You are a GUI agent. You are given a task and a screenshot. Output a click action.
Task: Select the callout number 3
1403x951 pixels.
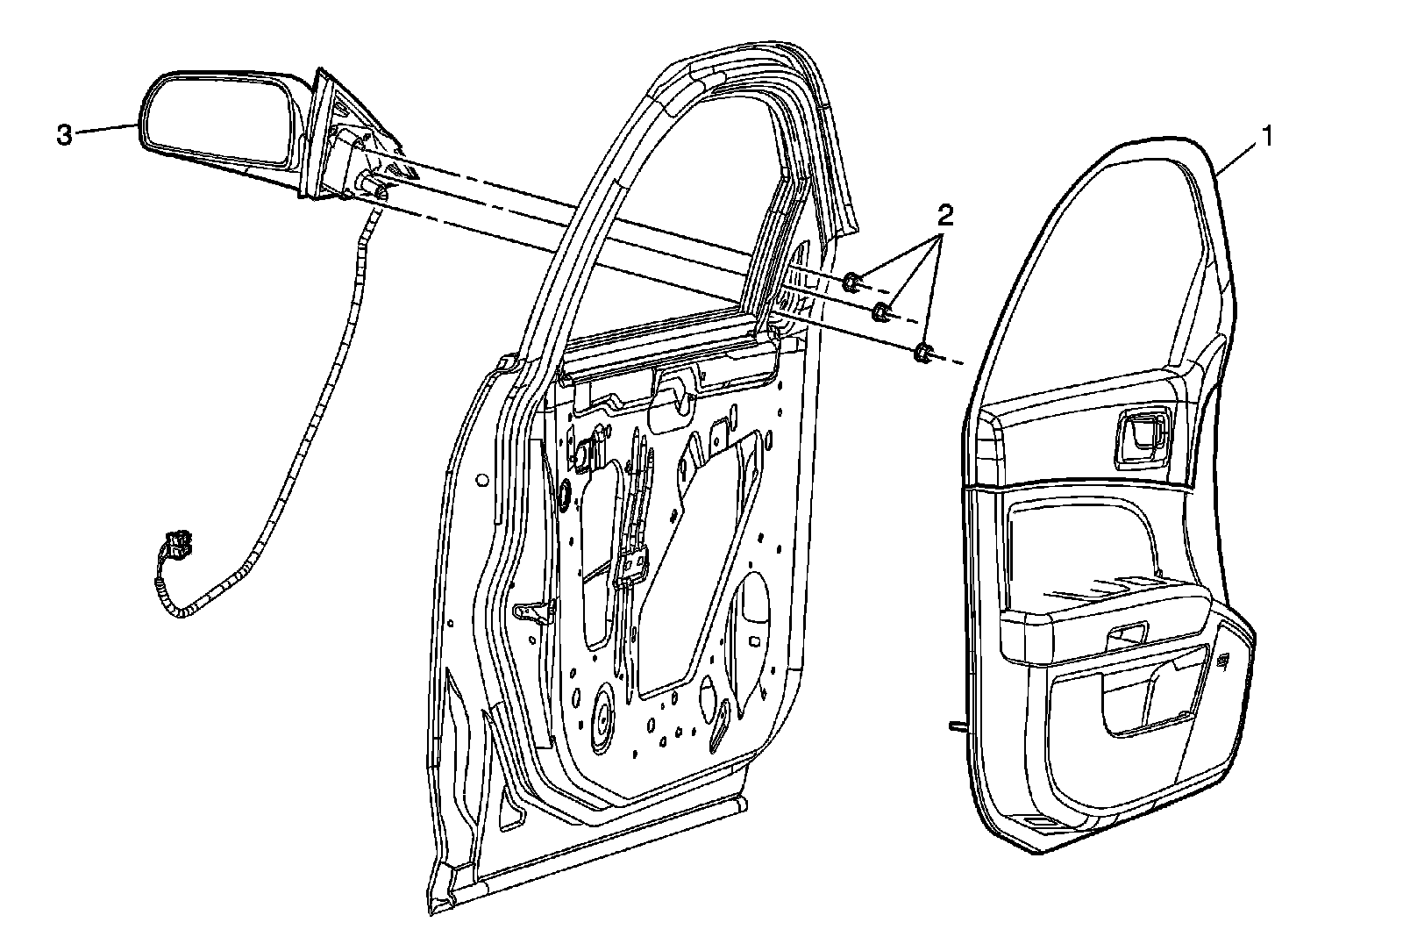click(64, 135)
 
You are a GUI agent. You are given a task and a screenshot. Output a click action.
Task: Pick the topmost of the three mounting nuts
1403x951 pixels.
click(851, 282)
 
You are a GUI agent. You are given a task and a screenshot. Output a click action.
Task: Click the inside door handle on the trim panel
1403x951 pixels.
click(1141, 435)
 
